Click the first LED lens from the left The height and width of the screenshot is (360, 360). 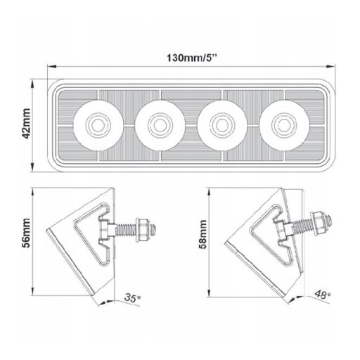point(96,126)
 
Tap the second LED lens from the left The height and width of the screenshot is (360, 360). point(159,126)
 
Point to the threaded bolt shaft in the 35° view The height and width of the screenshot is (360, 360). point(127,227)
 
